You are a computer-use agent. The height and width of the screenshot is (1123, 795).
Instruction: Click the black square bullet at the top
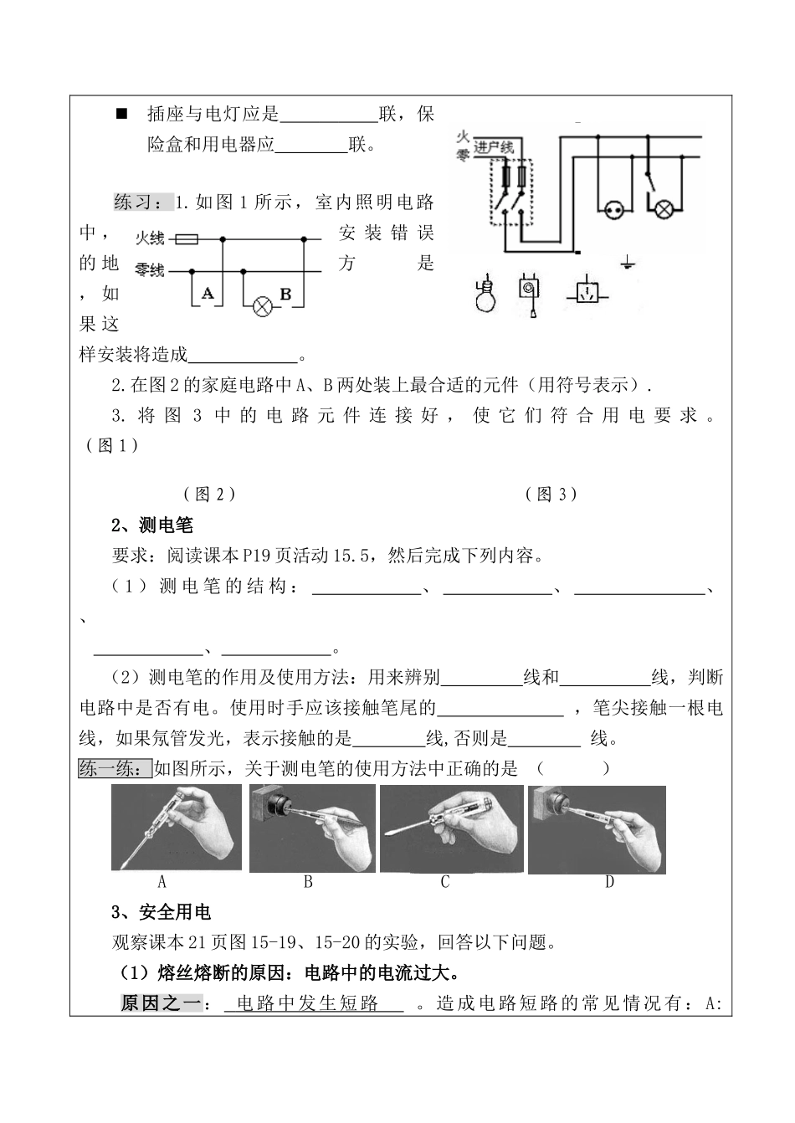(122, 114)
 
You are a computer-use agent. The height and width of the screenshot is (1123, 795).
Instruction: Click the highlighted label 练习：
(144, 202)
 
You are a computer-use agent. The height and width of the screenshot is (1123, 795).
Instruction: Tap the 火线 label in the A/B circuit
(150, 238)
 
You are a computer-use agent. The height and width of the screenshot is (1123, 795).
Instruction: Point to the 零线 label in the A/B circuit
(149, 270)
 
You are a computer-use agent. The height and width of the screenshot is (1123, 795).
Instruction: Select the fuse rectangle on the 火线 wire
(187, 239)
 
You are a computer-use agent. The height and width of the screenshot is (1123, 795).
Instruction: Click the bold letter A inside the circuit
(207, 293)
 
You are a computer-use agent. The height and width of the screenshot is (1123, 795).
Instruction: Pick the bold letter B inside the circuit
(285, 294)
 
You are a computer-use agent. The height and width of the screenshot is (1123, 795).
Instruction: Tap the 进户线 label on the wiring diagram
(493, 147)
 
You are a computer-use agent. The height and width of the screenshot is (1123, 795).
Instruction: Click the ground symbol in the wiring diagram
(627, 261)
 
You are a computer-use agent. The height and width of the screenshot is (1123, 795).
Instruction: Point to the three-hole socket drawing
(587, 293)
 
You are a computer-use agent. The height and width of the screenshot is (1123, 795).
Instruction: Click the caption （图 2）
(209, 495)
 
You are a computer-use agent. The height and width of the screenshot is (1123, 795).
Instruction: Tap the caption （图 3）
(551, 495)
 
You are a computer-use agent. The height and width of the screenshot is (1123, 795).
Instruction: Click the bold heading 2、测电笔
(152, 525)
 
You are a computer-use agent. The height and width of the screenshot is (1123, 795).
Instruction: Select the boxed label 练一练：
(115, 768)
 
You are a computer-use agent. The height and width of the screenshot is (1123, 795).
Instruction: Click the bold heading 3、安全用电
(161, 912)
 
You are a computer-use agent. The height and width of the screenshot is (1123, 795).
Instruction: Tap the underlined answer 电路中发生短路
(307, 1002)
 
